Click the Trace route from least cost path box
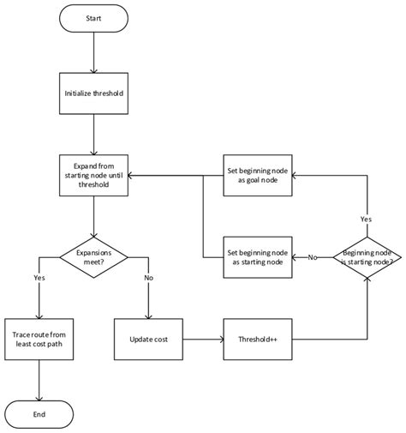[39, 337]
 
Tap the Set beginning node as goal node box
[257, 174]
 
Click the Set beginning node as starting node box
[257, 256]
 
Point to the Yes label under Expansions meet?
[39, 279]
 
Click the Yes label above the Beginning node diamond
[367, 219]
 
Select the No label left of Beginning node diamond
[313, 256]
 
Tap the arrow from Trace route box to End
[39, 379]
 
